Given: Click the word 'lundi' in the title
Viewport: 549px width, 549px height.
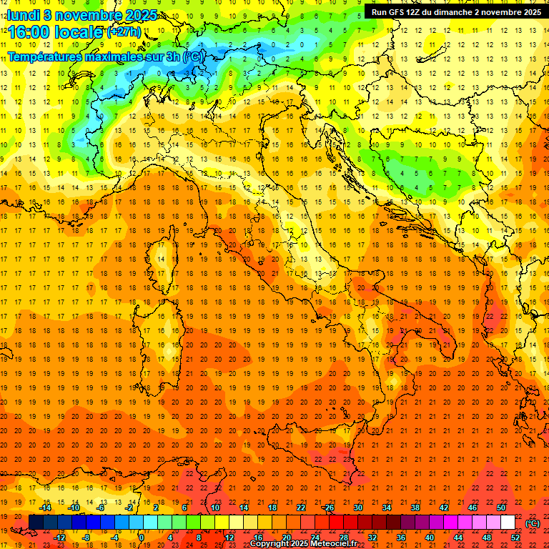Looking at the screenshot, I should point(21,15).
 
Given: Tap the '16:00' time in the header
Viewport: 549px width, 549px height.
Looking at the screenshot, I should point(28,32).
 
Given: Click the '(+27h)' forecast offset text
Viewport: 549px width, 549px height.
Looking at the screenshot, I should point(124,32).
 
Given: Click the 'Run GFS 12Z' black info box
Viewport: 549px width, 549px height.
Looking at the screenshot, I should point(455,12).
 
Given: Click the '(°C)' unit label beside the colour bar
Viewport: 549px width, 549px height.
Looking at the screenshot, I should point(533,523).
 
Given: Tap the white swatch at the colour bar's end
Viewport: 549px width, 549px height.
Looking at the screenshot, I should point(508,523).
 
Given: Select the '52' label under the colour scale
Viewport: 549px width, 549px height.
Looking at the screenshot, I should point(515,538).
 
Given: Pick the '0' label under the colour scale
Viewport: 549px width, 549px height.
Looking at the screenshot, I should point(142,538).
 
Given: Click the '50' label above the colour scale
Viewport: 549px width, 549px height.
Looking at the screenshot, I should point(501,507).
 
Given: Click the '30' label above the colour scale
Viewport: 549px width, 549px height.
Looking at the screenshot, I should point(357,507).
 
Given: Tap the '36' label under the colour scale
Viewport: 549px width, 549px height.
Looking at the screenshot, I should point(400,538).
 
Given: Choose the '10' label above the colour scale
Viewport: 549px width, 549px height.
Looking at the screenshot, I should point(214,507).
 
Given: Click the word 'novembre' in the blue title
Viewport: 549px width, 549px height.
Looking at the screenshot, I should point(81,15).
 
